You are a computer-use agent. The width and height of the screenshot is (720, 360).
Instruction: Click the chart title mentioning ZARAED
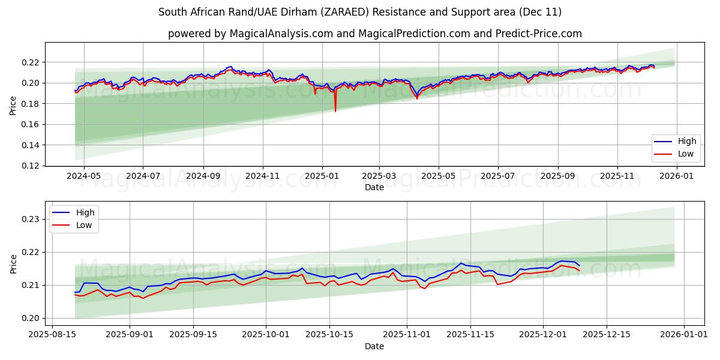tap(360, 12)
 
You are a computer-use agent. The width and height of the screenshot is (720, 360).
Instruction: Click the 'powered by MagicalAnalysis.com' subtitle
tap(374, 34)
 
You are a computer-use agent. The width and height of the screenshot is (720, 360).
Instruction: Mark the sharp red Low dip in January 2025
tap(335, 110)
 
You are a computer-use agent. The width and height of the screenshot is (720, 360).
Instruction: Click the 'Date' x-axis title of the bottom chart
tap(374, 346)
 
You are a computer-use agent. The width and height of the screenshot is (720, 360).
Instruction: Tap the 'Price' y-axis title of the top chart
tap(13, 105)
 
